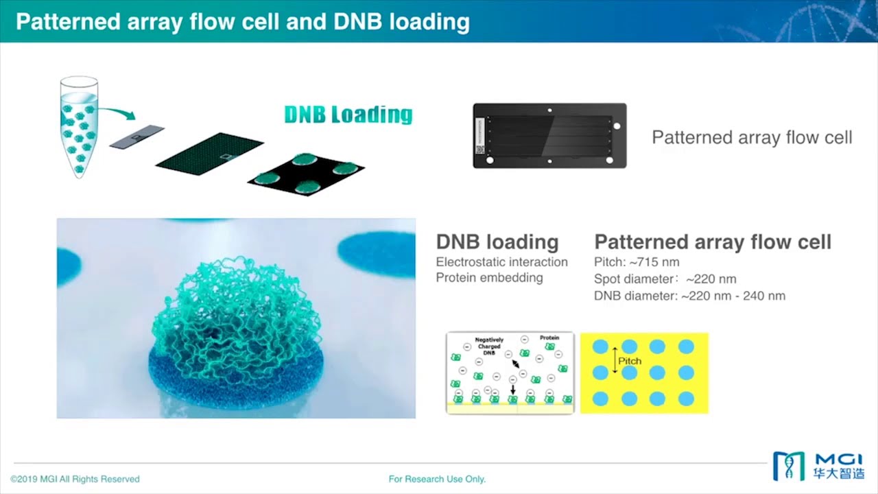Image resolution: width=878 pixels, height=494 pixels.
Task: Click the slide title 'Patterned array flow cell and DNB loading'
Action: click(x=242, y=21)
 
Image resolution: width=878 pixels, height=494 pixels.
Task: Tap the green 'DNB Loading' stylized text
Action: click(x=348, y=115)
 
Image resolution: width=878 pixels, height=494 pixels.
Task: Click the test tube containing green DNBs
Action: click(x=79, y=127)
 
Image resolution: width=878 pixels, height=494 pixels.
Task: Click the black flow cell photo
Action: click(x=549, y=136)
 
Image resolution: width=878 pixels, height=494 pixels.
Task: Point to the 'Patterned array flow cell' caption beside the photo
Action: click(x=752, y=137)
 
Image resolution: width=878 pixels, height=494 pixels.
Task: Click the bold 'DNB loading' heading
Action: click(x=497, y=242)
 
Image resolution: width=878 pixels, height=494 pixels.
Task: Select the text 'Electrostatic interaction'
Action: click(x=501, y=262)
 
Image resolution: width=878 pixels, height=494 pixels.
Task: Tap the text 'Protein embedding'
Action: click(x=489, y=278)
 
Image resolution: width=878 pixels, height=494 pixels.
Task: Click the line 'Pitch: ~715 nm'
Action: click(x=636, y=262)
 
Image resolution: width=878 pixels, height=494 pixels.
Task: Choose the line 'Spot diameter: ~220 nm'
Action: click(x=665, y=279)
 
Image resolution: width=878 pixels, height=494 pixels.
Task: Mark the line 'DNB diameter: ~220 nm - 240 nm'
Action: click(x=689, y=296)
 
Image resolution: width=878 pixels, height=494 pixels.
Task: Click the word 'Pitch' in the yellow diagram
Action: click(x=630, y=361)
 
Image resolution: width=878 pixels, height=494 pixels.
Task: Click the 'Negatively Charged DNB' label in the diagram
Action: click(x=489, y=346)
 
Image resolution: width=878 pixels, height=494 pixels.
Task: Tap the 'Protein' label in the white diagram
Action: click(x=549, y=338)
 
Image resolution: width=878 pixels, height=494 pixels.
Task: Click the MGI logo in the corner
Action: click(x=818, y=466)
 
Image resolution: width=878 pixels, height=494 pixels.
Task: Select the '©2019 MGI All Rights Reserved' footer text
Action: click(x=75, y=479)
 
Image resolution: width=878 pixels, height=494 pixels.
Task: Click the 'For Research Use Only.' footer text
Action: click(x=437, y=479)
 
